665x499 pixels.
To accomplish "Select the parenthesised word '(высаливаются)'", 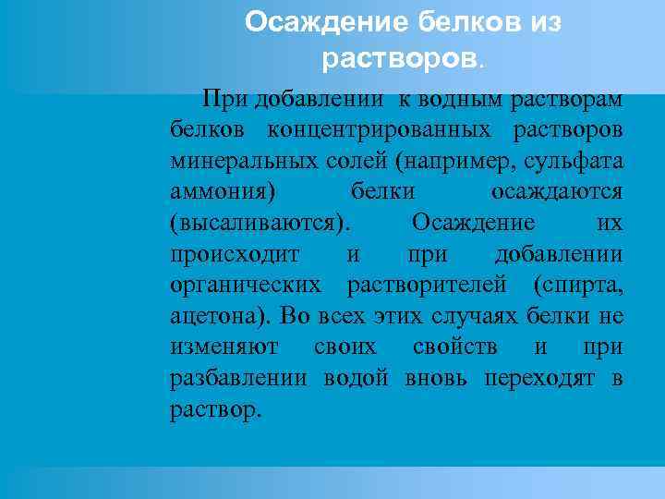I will [x=260, y=223].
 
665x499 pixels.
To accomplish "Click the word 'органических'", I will [x=246, y=286].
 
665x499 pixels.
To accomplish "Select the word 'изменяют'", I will [x=215, y=348].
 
